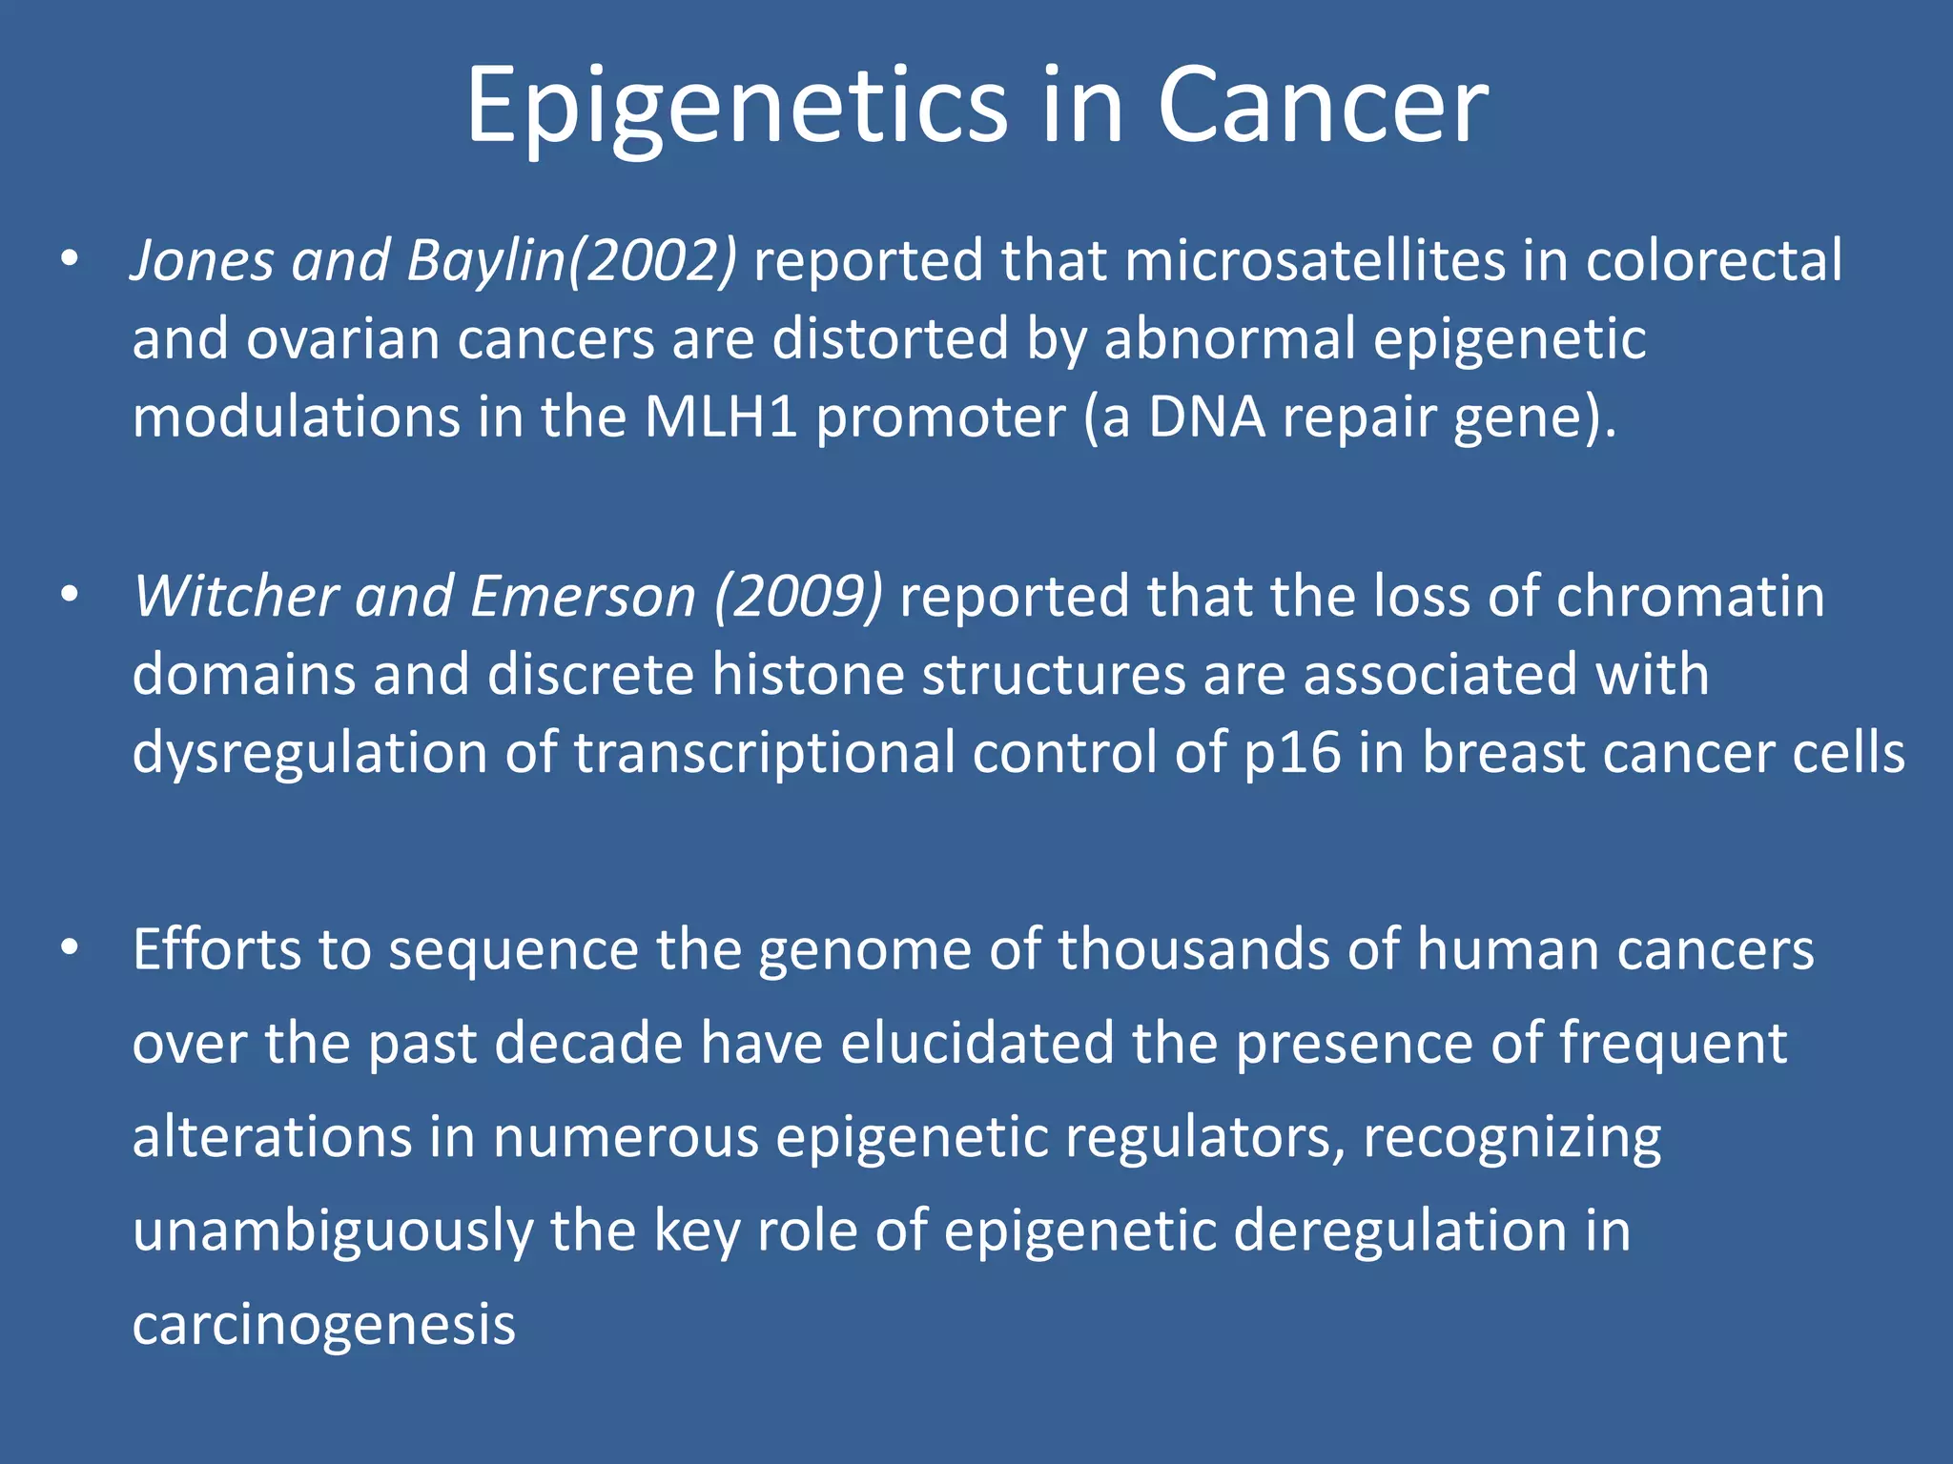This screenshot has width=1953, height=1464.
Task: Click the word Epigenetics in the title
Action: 736,107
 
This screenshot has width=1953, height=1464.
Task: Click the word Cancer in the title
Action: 1323,107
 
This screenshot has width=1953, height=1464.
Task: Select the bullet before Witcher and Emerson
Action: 69,596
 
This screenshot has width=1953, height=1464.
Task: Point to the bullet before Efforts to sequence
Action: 69,949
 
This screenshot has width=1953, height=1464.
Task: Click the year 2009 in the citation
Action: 799,597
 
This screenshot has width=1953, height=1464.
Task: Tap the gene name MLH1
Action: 720,417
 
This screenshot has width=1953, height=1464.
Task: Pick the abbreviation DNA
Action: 1206,417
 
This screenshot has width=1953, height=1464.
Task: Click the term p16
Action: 1292,753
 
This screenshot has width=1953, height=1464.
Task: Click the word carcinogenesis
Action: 324,1325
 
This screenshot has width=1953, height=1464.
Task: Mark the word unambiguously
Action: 332,1231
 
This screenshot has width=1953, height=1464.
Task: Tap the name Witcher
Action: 236,597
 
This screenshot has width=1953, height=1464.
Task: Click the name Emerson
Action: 583,597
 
